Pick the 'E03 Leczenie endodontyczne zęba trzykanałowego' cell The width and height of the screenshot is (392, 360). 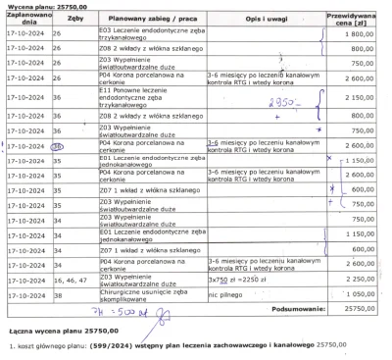coord(147,33)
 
